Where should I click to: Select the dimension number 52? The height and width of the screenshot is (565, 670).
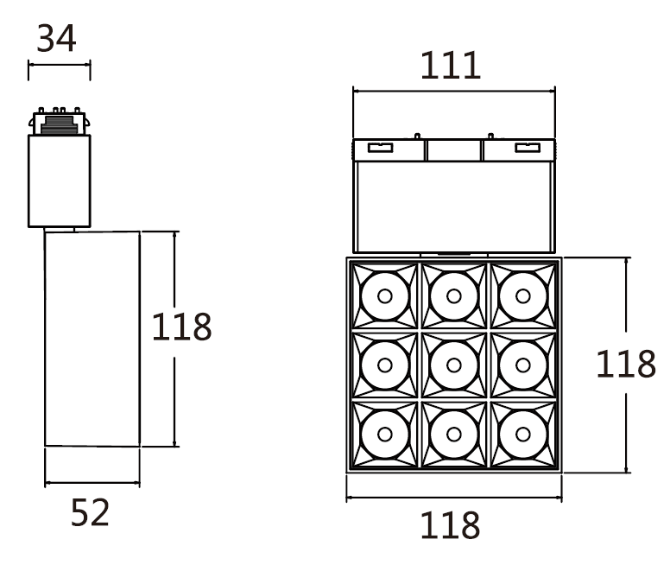coord(91,513)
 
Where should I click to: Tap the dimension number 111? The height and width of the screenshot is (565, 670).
coord(451,67)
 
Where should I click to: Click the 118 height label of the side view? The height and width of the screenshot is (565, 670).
coord(181,327)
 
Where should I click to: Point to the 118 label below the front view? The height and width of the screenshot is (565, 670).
coord(450,525)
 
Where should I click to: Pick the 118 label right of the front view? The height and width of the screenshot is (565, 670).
coord(625,365)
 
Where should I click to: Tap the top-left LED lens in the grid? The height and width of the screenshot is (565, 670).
coord(385,295)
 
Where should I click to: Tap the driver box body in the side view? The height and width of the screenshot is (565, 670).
coord(59,181)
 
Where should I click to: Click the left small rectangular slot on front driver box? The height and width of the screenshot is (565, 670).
coord(380,148)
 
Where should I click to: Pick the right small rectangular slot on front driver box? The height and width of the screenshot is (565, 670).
coord(527,148)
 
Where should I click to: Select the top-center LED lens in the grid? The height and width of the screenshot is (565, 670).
coord(454,295)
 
